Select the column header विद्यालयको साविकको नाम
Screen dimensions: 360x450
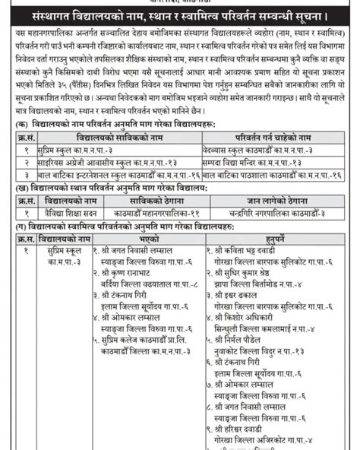coord(103,137)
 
